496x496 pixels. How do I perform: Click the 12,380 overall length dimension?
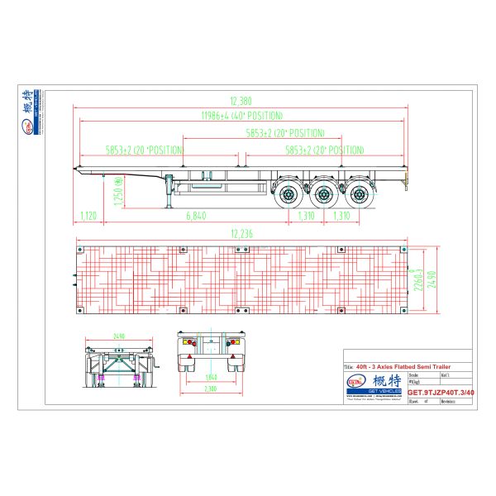point(242,98)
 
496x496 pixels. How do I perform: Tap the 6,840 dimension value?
point(196,216)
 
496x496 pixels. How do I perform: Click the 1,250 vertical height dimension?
point(118,196)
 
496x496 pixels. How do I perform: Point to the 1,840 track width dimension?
point(212,377)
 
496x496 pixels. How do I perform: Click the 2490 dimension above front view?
point(119,336)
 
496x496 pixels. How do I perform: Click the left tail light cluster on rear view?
point(188,341)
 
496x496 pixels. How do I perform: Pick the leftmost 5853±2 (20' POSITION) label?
point(131,150)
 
